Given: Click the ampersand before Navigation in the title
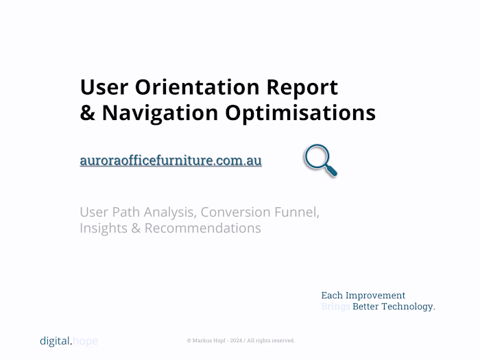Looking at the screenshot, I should [88, 112].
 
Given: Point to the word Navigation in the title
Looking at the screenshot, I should [160, 112].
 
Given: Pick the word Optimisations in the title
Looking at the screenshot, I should [301, 112].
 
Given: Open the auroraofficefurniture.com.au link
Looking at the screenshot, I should [171, 161].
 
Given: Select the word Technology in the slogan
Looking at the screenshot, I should [410, 307].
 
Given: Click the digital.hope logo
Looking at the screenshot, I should [69, 341].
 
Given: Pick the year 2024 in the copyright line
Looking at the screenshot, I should [237, 341].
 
